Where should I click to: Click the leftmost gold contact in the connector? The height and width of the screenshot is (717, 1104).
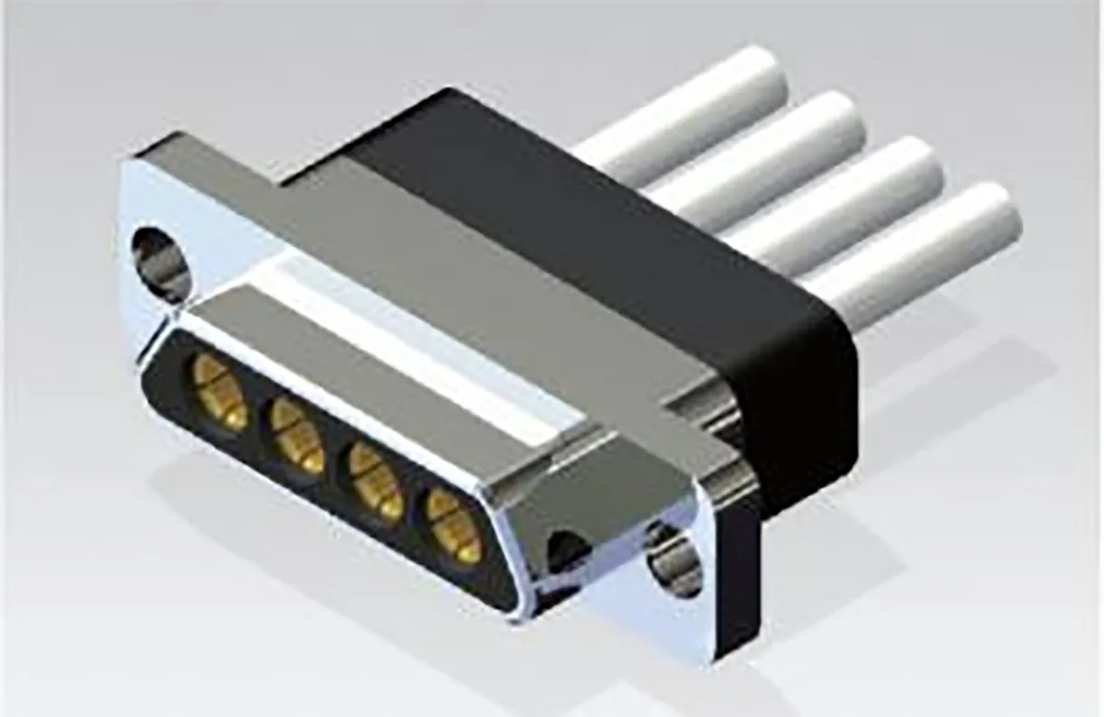(219, 393)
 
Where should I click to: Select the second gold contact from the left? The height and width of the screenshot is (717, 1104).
(297, 436)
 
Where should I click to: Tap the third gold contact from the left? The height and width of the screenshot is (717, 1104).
(376, 481)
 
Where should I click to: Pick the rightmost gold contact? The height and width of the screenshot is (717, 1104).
(454, 526)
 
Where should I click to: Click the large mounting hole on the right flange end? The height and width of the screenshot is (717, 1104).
(674, 559)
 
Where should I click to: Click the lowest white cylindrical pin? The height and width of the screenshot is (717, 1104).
(911, 253)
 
